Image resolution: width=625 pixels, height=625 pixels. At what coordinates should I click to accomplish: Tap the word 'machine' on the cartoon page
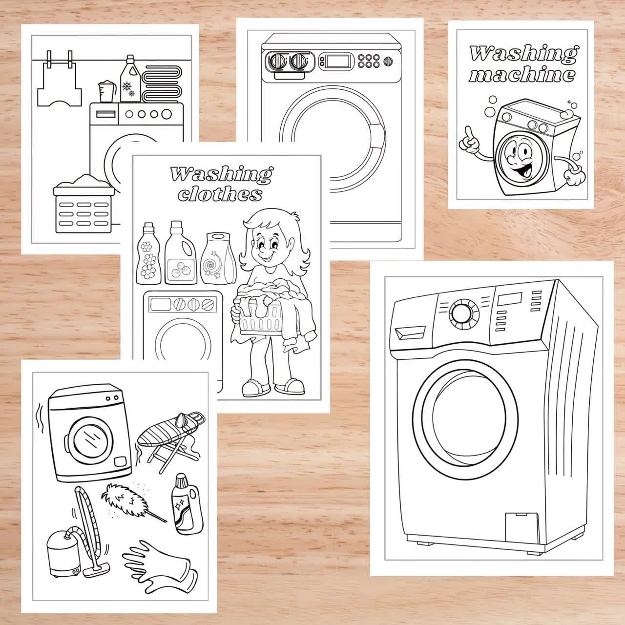tap(522, 75)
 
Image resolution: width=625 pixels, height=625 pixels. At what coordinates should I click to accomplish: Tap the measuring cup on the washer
tap(107, 92)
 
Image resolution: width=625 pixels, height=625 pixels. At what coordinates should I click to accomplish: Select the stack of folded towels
tap(162, 83)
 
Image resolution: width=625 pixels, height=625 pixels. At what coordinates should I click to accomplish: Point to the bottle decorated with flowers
tap(148, 253)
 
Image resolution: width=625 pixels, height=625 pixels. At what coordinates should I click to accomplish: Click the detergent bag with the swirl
tap(218, 258)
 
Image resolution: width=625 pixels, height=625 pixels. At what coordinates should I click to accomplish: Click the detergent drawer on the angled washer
tap(410, 333)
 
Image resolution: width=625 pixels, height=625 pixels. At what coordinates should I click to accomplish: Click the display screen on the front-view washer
tap(338, 61)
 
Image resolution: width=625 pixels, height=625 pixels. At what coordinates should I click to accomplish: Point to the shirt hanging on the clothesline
tap(59, 84)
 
